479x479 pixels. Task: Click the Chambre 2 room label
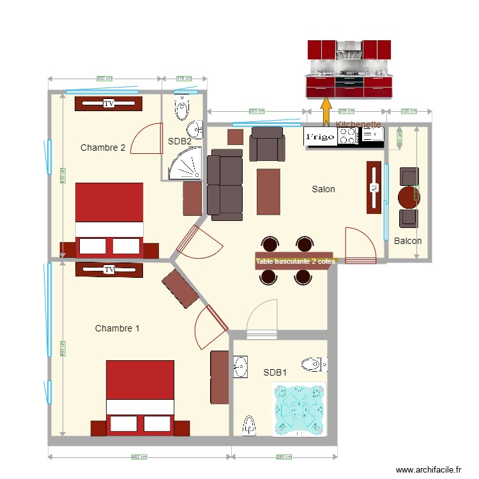tap(103, 148)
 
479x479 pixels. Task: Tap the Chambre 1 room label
tap(117, 328)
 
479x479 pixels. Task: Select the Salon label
tap(323, 189)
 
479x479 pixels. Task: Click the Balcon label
tap(407, 241)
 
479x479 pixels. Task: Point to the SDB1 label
tap(275, 372)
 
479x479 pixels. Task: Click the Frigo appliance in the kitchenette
tap(319, 136)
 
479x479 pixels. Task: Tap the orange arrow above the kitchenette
tap(326, 109)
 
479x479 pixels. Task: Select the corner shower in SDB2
tap(185, 164)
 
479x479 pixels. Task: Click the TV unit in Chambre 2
tap(108, 103)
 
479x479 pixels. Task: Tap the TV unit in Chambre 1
tap(109, 270)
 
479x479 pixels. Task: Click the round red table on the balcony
tap(409, 197)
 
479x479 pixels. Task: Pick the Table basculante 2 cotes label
tap(295, 261)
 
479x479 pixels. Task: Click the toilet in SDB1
tap(315, 365)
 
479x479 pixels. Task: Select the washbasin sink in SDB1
tap(240, 368)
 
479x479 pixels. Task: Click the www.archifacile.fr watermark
tap(428, 469)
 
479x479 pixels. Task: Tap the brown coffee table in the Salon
tap(268, 192)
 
